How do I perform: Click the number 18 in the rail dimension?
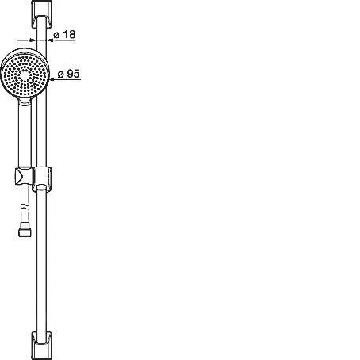[70, 34]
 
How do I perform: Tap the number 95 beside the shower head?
[73, 74]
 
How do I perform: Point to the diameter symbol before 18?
[56, 35]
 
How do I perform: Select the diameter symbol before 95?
[61, 75]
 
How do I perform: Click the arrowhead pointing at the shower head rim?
[52, 79]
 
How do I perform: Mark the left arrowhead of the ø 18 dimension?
[33, 40]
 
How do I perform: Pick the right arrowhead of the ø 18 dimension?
[50, 40]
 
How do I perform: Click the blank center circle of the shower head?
[25, 75]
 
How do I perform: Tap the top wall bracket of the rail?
[41, 13]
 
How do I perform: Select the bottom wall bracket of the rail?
[41, 345]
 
